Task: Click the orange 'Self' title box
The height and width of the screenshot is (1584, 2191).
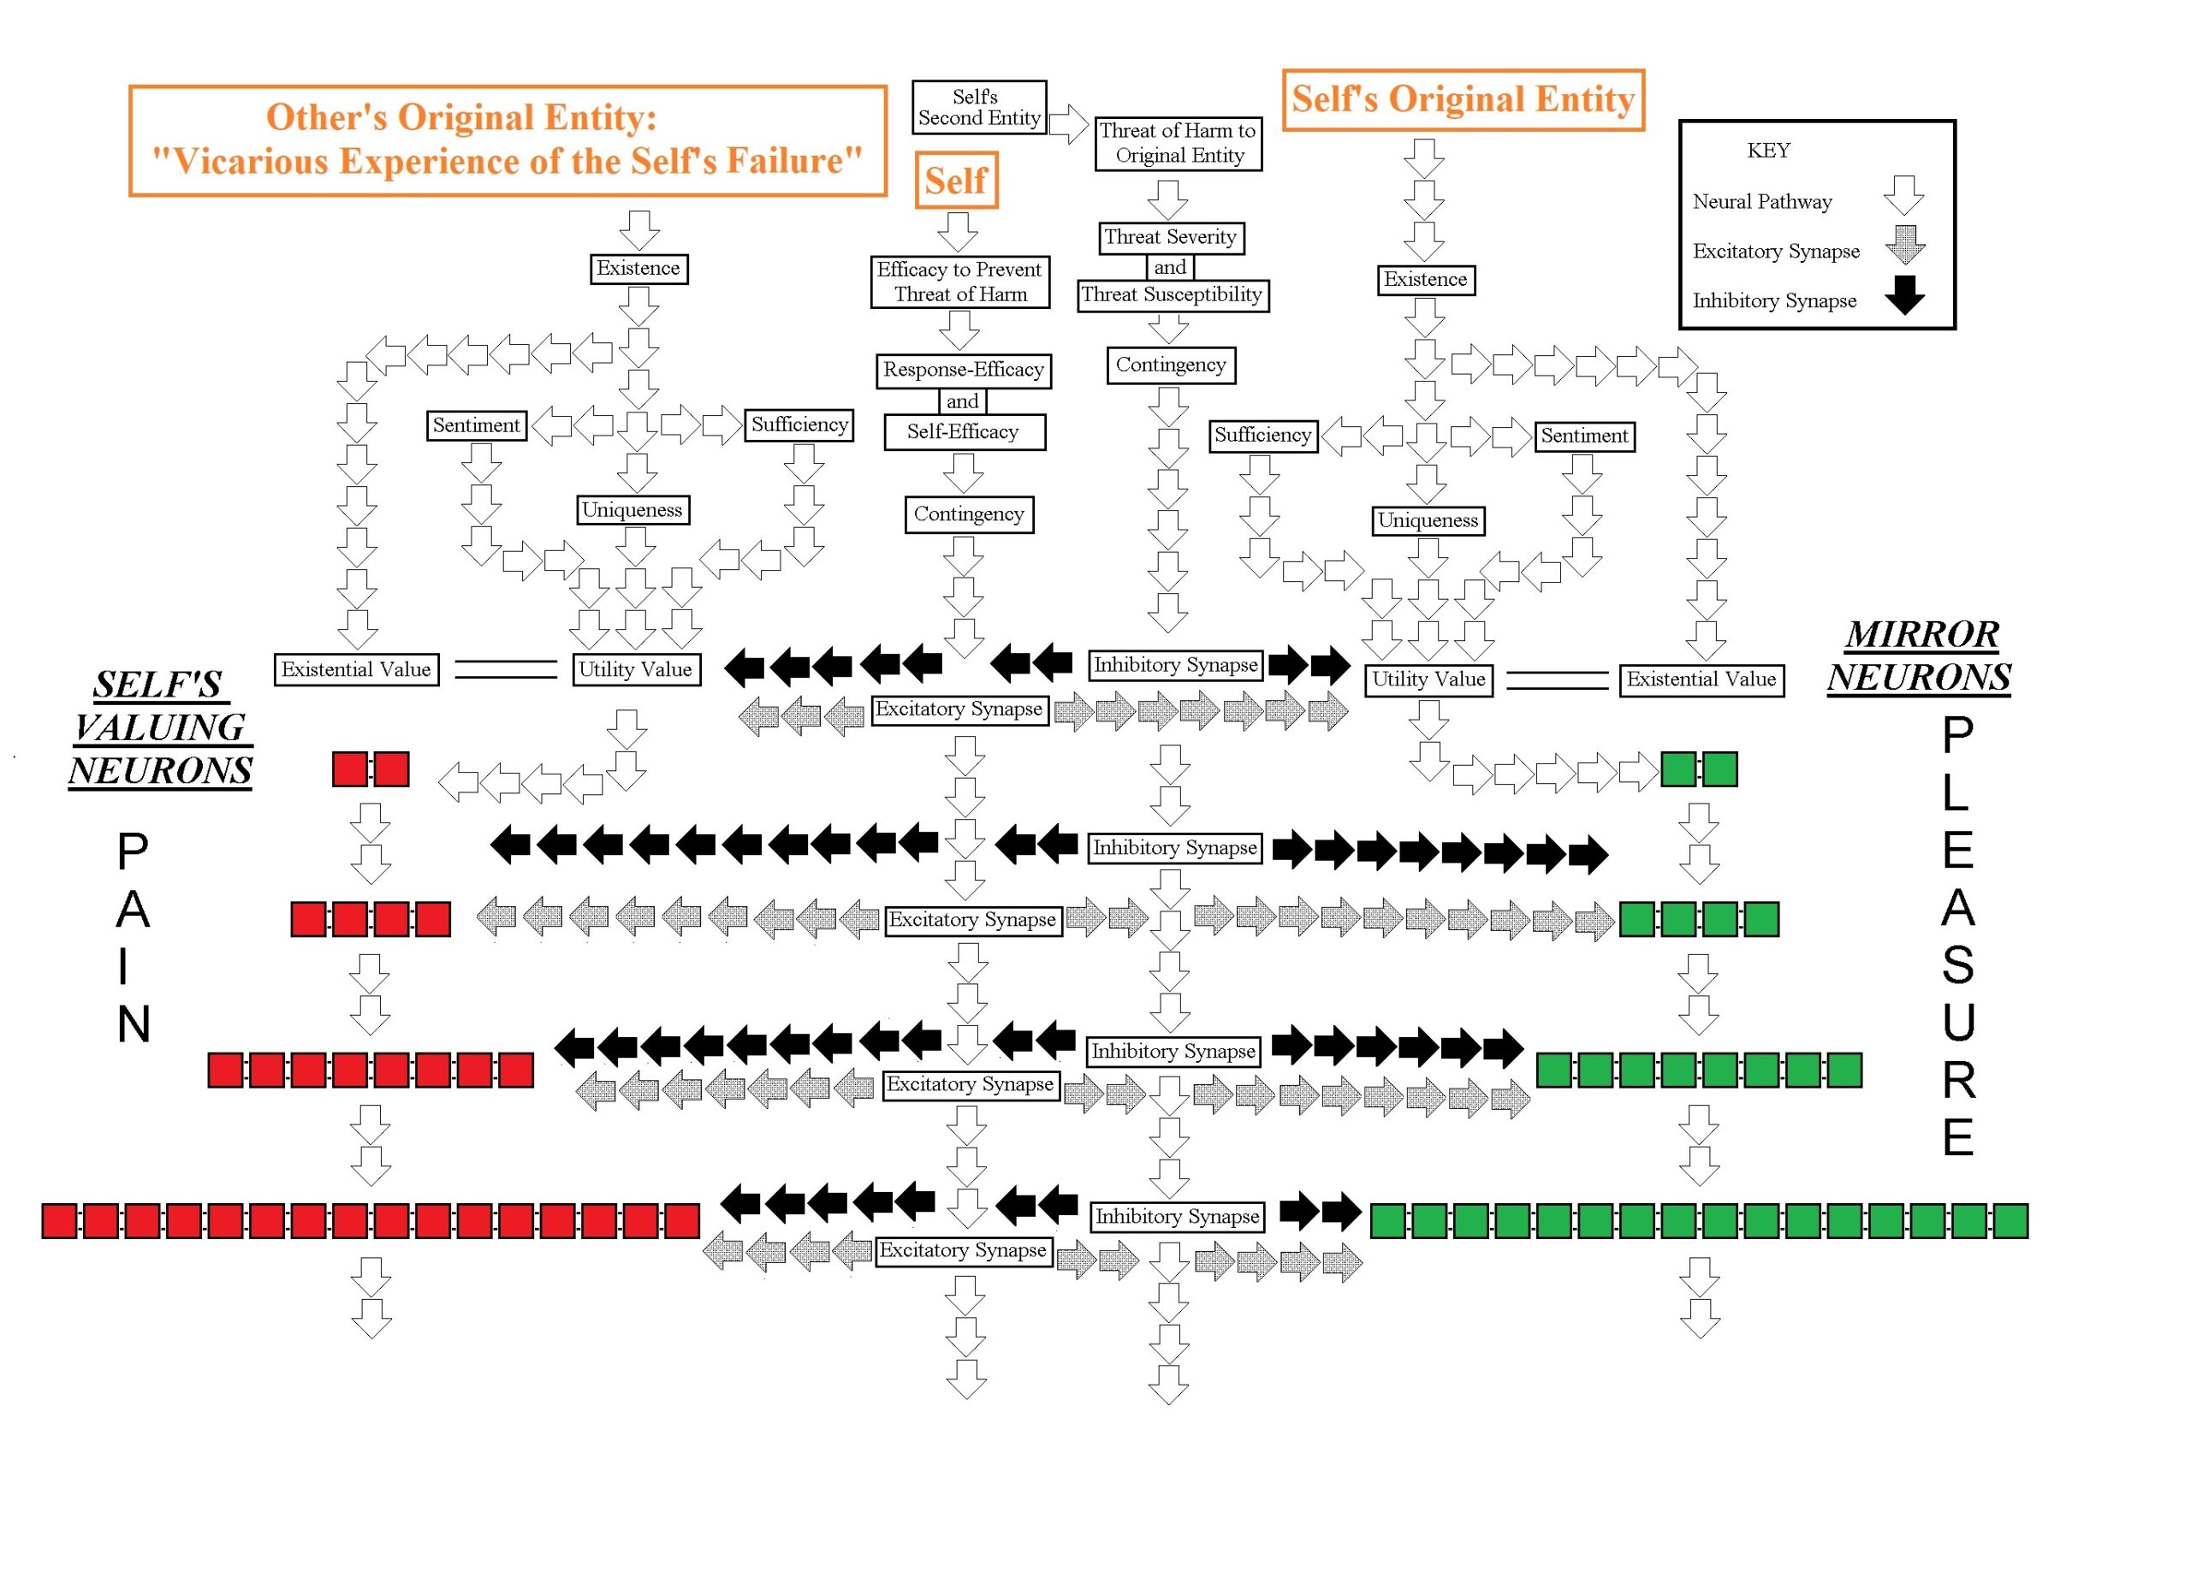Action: coord(955,181)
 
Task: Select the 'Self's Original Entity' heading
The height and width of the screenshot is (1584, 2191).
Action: coord(1463,99)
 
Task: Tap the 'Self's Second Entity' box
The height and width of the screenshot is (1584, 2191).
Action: coord(978,107)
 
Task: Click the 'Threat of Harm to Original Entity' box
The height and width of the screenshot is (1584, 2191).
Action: coord(1178,143)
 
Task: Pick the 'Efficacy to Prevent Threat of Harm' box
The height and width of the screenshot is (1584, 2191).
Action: coord(959,282)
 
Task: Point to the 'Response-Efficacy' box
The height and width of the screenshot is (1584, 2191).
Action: coord(963,370)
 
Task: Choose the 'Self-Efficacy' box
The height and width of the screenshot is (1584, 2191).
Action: coord(963,432)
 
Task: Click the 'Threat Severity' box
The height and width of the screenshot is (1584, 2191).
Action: coord(1170,238)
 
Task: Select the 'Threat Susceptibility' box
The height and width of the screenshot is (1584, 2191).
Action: coord(1172,294)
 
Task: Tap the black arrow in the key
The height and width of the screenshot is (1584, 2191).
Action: coord(1904,295)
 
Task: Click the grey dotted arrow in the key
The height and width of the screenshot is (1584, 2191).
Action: coord(1904,246)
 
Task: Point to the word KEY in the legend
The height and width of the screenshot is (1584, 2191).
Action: coord(1768,151)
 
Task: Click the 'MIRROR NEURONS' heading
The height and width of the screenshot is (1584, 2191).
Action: coord(1920,656)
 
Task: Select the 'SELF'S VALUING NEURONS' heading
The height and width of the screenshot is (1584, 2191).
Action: coord(160,727)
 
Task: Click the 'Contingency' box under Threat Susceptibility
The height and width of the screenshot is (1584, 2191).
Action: coord(1170,365)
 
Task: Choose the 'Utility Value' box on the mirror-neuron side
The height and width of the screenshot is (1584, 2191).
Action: coord(1428,679)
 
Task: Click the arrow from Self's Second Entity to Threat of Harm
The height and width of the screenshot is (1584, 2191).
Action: coord(1068,123)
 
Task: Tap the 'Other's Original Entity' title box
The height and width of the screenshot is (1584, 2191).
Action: coord(508,141)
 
